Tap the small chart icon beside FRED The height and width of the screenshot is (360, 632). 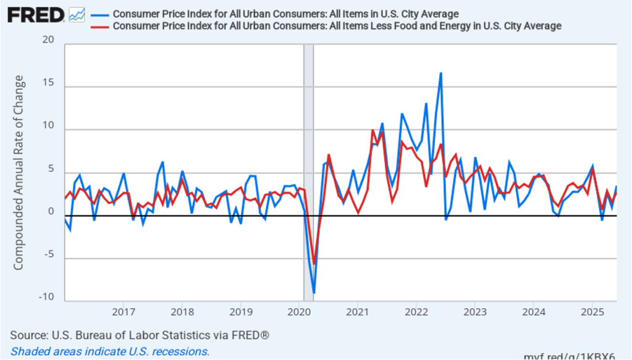pyautogui.click(x=77, y=14)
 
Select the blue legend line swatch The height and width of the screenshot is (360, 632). pyautogui.click(x=99, y=14)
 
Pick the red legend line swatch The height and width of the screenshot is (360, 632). pyautogui.click(x=99, y=26)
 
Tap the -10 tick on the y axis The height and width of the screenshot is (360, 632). pyautogui.click(x=46, y=297)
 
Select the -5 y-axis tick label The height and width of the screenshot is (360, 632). pyautogui.click(x=48, y=254)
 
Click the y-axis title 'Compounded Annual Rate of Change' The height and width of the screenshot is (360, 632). pyautogui.click(x=19, y=172)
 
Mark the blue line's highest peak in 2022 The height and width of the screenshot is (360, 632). pyautogui.click(x=440, y=73)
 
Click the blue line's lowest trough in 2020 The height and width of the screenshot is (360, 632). pyautogui.click(x=314, y=292)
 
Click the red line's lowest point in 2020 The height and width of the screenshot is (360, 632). pyautogui.click(x=314, y=264)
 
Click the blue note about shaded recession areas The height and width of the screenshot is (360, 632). pyautogui.click(x=110, y=351)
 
